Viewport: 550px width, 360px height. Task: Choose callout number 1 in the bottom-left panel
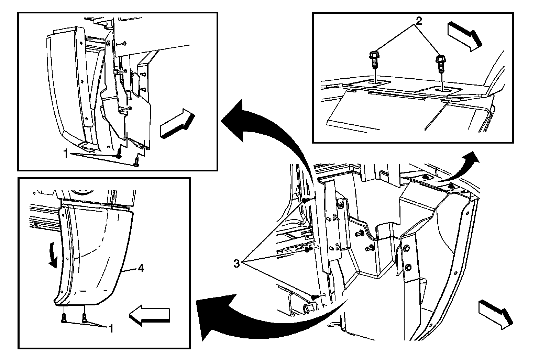pos(111,329)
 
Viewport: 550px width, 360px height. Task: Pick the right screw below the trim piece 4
pos(84,317)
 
